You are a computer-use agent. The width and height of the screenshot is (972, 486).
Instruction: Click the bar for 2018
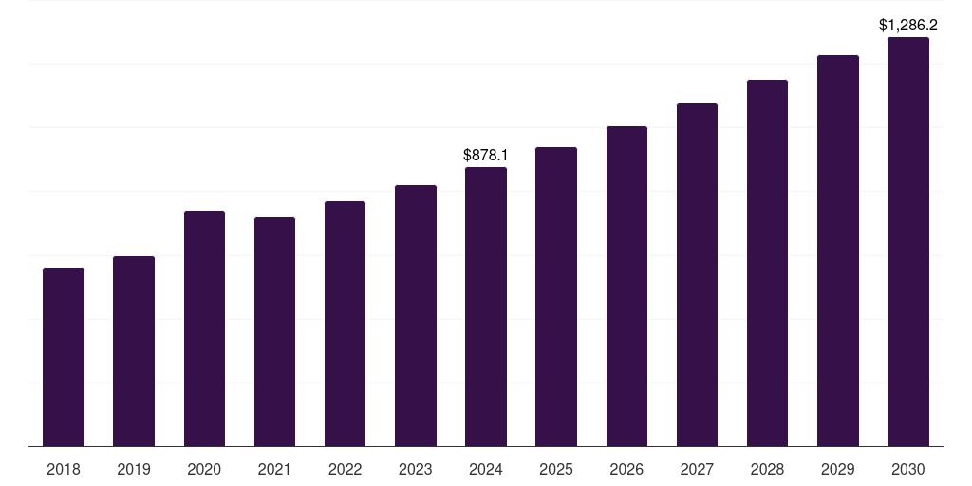point(64,357)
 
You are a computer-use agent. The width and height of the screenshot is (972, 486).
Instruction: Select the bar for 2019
point(134,351)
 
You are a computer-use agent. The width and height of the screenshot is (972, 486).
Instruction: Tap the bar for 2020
point(204,328)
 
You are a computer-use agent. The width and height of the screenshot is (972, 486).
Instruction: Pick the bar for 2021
point(274,331)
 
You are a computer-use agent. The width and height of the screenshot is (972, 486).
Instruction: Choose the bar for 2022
point(345,324)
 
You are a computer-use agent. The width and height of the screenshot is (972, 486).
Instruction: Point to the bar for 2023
point(416,315)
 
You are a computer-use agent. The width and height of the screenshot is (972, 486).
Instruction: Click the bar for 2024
point(486,307)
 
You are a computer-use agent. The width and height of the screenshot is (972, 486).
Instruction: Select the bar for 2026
point(626,286)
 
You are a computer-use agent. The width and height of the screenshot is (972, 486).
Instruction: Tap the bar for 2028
point(767,263)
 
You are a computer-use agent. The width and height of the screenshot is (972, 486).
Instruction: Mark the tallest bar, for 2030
point(908,241)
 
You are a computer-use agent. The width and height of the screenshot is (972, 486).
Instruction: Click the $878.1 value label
point(486,154)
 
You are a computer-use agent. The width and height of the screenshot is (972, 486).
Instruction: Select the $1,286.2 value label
point(908,25)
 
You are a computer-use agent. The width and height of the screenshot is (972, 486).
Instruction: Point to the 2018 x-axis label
point(64,469)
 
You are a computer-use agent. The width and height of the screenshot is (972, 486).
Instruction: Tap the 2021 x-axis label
point(274,469)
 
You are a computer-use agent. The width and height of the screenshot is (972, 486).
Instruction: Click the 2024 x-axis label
point(486,469)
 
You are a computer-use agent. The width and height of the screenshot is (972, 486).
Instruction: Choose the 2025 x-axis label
point(556,469)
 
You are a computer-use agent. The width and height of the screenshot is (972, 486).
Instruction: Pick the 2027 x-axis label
point(697,469)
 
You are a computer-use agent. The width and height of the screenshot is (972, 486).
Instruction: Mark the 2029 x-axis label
point(838,469)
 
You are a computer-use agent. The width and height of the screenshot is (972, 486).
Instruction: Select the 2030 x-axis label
point(908,469)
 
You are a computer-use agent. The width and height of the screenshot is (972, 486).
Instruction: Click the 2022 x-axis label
point(345,469)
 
